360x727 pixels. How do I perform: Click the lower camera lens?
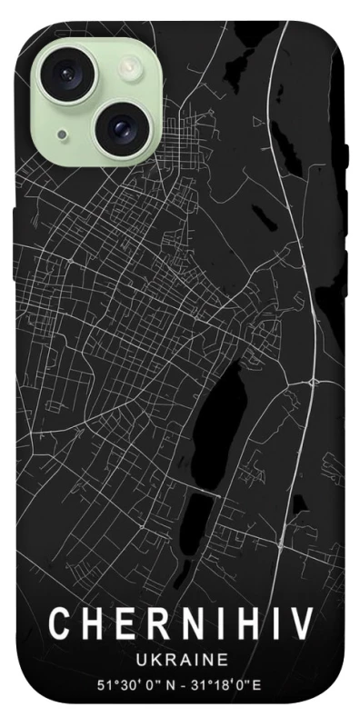[119, 129]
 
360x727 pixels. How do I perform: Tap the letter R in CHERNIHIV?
[143, 624]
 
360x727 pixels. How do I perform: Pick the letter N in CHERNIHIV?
[173, 624]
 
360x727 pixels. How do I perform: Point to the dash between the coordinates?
[181, 683]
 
